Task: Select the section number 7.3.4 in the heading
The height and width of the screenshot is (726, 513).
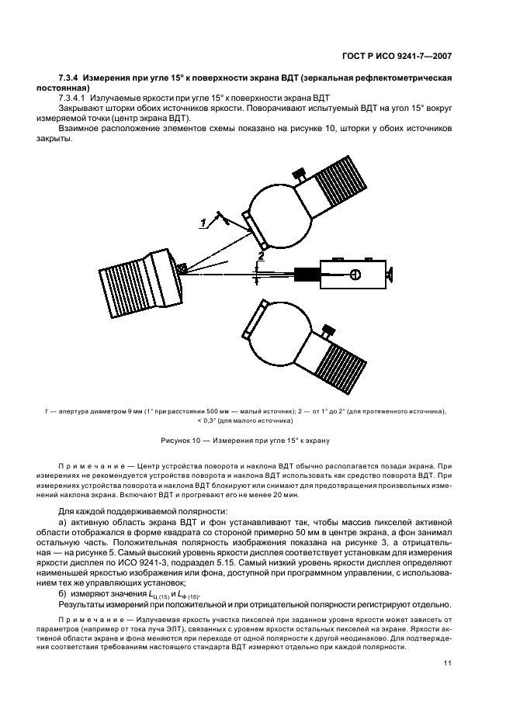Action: point(68,79)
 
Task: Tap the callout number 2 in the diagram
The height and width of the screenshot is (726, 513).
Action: point(262,255)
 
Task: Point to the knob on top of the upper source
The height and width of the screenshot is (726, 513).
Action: point(299,175)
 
